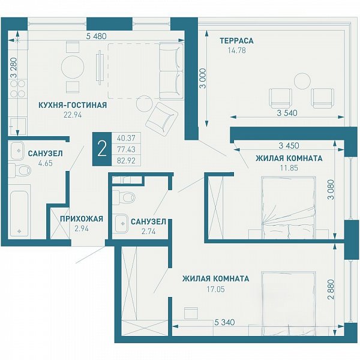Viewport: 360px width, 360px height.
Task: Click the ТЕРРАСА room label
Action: [236, 41]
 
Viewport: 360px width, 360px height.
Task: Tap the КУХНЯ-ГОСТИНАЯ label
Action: [73, 105]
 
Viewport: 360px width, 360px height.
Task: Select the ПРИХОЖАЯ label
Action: [82, 219]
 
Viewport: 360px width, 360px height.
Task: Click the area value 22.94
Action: [73, 115]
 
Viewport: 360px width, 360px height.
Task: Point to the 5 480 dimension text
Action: [97, 36]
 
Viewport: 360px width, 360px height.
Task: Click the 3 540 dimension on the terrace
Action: [287, 113]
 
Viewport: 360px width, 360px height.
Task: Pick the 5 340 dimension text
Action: [224, 322]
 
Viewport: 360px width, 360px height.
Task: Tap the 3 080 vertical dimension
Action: [331, 190]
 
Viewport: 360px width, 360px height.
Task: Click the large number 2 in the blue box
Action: [102, 149]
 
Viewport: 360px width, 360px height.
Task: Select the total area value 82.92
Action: [126, 160]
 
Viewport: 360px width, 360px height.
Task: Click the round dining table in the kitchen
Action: [73, 67]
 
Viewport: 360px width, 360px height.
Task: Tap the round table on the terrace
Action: [302, 81]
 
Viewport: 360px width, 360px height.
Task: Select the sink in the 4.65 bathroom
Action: [17, 151]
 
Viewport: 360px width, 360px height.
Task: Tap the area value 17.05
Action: [215, 289]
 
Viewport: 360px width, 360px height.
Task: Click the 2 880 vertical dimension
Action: [331, 289]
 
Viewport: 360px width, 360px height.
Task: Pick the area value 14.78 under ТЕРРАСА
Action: [236, 50]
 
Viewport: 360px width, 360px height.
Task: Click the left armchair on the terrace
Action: [281, 98]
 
